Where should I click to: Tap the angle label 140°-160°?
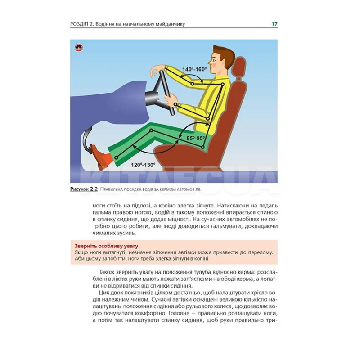pos(194,69)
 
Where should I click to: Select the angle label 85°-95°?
pos(196,138)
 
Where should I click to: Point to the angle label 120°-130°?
pos(143,165)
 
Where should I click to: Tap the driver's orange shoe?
pos(101,154)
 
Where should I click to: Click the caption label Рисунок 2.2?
pos(84,189)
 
